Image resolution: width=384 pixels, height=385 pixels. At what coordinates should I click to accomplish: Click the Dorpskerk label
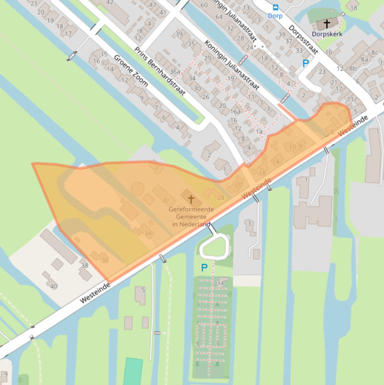tap(327, 34)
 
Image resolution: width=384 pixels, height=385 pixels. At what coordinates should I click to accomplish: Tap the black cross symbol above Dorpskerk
tap(327, 23)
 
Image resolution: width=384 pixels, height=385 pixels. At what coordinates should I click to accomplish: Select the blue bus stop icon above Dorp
tap(275, 7)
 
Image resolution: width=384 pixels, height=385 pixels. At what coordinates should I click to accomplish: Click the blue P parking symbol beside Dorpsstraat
tap(306, 63)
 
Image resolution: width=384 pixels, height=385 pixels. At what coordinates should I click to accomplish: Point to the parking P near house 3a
tap(204, 268)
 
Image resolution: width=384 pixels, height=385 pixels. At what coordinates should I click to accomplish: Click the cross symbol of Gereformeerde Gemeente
tap(191, 199)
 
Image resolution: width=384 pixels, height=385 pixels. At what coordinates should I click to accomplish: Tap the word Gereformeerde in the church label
tap(191, 209)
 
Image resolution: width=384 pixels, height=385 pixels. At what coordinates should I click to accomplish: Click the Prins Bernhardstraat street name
tap(160, 71)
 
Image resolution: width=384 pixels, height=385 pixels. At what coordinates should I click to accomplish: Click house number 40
tap(53, 286)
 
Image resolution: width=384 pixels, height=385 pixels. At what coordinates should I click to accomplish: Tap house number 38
tap(85, 265)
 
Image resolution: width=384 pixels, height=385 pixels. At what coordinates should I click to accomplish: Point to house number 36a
tap(174, 71)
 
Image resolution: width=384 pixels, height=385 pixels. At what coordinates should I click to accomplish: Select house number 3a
tap(220, 282)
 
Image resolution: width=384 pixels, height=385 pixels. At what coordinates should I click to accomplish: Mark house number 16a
tap(235, 112)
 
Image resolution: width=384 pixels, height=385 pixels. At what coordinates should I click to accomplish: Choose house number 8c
tap(374, 52)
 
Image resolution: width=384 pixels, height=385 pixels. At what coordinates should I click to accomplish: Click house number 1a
tap(259, 131)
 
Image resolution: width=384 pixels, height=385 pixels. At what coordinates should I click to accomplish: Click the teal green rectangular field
tap(133, 371)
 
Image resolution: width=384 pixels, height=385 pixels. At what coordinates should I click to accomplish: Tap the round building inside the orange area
tap(137, 189)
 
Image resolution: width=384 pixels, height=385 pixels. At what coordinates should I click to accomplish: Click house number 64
tap(219, 16)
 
